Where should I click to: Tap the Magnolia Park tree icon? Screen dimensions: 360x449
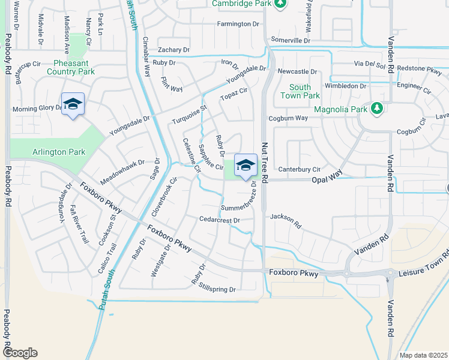click(x=377, y=109)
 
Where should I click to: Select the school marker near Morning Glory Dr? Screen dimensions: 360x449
click(x=73, y=104)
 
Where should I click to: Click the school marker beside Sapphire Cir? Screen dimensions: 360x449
click(x=245, y=165)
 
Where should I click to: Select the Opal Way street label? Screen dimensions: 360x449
click(x=327, y=180)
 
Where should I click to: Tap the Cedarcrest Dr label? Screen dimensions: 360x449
click(x=220, y=220)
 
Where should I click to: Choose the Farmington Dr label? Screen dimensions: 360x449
click(x=238, y=24)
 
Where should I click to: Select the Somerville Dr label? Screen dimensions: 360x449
click(x=291, y=40)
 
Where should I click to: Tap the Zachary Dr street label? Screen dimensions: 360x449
click(x=173, y=50)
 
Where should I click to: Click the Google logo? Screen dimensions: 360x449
click(x=20, y=353)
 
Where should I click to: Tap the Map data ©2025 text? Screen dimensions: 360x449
click(x=423, y=355)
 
